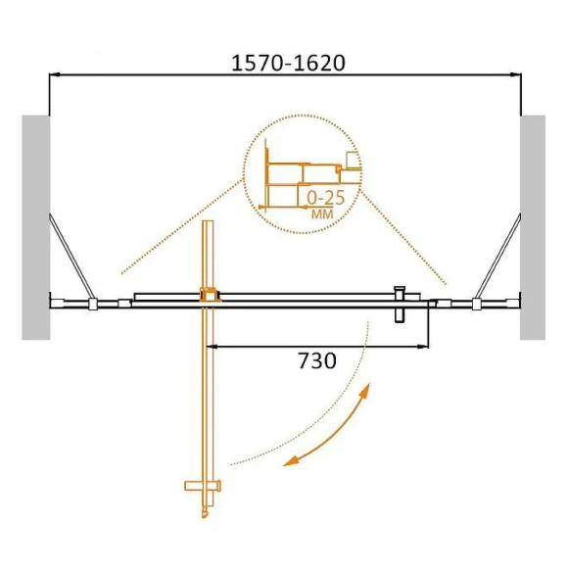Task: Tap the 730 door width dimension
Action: pos(316,361)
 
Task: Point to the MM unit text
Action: pos(320,213)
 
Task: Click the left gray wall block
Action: pos(35,227)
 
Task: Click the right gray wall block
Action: pos(533,227)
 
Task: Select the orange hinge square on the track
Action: pos(208,293)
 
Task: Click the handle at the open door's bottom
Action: pos(203,486)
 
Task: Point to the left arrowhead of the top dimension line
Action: pos(53,73)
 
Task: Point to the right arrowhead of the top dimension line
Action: pos(516,73)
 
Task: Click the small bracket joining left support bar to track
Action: pos(91,304)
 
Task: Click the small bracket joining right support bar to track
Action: pos(476,304)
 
